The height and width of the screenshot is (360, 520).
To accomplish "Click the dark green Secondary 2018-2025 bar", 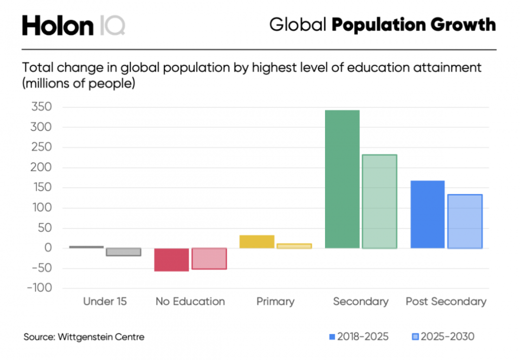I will [342, 179].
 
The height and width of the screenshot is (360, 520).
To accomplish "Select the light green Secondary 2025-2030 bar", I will [379, 201].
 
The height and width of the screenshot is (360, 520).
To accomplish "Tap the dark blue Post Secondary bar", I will [427, 214].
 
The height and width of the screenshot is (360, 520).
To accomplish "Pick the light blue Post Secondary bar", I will [465, 221].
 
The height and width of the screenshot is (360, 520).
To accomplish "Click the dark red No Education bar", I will [172, 259].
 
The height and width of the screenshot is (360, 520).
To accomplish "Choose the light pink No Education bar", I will [209, 258].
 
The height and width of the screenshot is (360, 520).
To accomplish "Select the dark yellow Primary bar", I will [257, 242].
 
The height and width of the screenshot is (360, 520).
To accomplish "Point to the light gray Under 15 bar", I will [123, 252].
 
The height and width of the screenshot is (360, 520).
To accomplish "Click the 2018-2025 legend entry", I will [359, 337].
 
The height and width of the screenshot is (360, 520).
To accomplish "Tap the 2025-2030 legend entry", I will [443, 337].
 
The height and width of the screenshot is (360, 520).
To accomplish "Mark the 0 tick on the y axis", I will [48, 248].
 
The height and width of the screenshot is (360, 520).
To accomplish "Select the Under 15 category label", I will [105, 302].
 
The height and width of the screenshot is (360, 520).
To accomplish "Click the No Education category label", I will [190, 302].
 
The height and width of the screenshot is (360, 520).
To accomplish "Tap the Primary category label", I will [275, 302].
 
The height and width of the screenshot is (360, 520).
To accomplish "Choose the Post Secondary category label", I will [446, 302].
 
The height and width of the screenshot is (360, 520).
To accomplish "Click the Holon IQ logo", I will [73, 25].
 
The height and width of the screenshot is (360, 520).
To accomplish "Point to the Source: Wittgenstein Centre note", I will [84, 337].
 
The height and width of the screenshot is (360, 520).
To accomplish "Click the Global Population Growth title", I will [382, 24].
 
